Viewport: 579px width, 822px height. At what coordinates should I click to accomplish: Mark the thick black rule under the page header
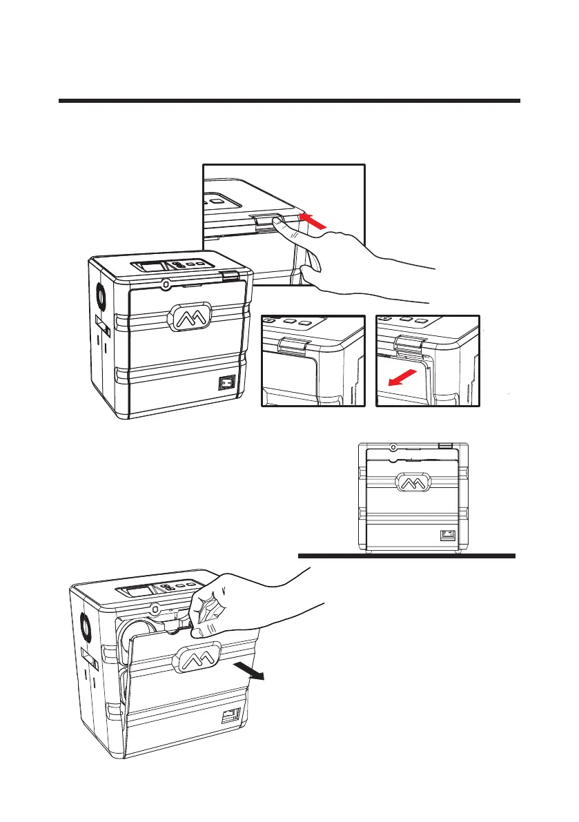[288, 101]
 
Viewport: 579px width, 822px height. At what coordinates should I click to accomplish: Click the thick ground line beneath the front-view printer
[406, 556]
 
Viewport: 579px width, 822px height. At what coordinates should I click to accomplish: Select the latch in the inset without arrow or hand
[289, 342]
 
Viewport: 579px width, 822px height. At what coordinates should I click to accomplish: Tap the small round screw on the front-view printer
[392, 447]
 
